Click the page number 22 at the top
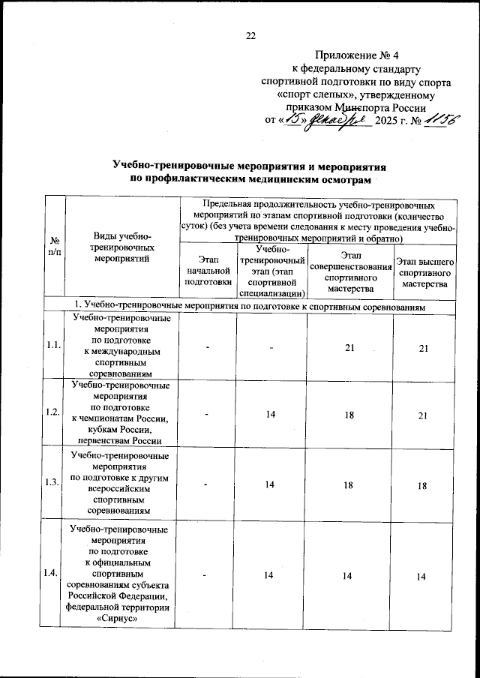pyautogui.click(x=251, y=35)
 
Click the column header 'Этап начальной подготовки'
pyautogui.click(x=207, y=270)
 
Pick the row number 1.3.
pyautogui.click(x=54, y=482)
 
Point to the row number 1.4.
pyautogui.click(x=54, y=574)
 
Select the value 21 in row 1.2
pyautogui.click(x=424, y=413)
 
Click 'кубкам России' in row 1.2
pyautogui.click(x=120, y=430)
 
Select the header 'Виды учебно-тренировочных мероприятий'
pyautogui.click(x=121, y=246)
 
